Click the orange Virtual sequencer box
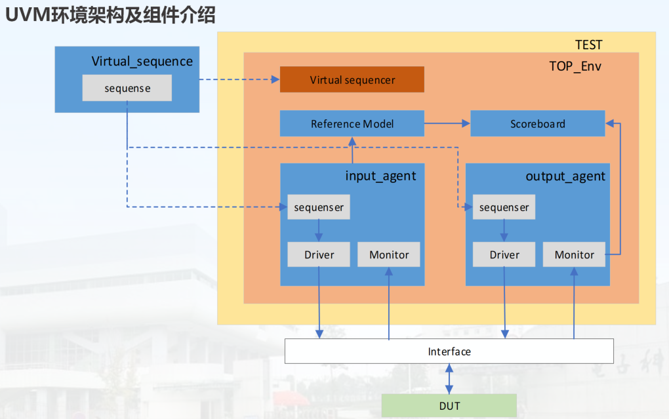click(x=352, y=80)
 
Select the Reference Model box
click(x=352, y=123)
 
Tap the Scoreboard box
click(x=537, y=123)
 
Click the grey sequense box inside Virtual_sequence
click(x=127, y=89)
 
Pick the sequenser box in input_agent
click(x=319, y=207)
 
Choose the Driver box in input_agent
click(x=319, y=254)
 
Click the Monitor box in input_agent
click(x=389, y=254)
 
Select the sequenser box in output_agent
click(x=504, y=207)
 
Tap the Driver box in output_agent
click(x=504, y=254)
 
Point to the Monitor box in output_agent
click(x=574, y=254)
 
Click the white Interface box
click(x=449, y=351)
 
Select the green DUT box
click(x=449, y=406)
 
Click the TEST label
click(x=588, y=45)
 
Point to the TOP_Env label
click(x=575, y=66)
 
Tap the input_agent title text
click(x=380, y=176)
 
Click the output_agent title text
click(x=565, y=176)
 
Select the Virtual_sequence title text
click(x=142, y=62)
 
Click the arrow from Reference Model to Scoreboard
click(x=447, y=123)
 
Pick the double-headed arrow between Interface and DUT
click(x=449, y=378)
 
